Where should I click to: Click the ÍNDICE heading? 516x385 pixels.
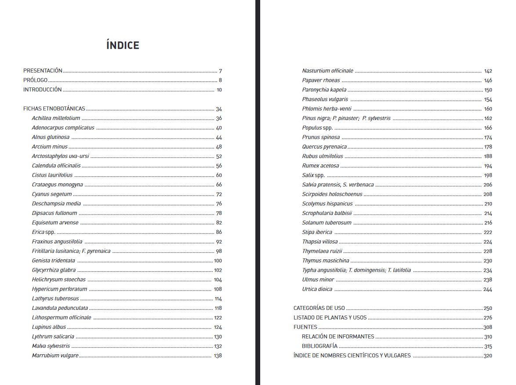(x=123, y=45)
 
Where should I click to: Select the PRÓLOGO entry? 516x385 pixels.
(x=35, y=80)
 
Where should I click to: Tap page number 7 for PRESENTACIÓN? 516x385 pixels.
(x=220, y=71)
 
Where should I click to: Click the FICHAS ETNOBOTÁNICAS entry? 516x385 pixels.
(x=54, y=109)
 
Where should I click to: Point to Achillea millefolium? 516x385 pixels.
(x=56, y=118)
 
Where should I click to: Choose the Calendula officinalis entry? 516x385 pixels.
(x=56, y=166)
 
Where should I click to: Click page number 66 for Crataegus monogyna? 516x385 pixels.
(x=219, y=185)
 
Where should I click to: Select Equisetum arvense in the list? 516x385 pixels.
(x=55, y=223)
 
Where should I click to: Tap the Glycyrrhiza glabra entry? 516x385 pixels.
(x=54, y=270)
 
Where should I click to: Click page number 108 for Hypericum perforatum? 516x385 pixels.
(x=218, y=290)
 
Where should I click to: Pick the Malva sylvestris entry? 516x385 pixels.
(x=51, y=346)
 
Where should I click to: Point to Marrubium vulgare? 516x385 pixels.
(x=55, y=356)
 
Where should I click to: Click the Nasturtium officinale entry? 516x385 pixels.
(x=327, y=71)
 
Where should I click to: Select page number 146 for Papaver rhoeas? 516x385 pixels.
(x=488, y=80)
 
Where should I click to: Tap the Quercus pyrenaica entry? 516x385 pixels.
(x=324, y=147)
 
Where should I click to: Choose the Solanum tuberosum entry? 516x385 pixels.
(x=327, y=223)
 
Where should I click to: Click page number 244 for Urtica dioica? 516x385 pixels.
(x=487, y=290)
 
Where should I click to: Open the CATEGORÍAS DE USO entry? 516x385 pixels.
(x=319, y=308)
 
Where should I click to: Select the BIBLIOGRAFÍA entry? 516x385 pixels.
(x=320, y=346)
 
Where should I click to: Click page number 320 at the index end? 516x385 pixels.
(x=487, y=356)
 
